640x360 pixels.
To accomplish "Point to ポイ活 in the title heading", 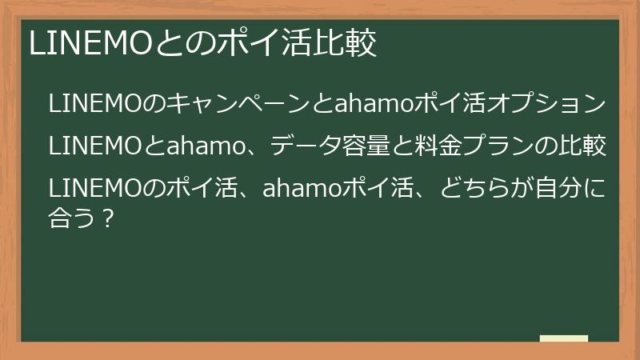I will (264, 45).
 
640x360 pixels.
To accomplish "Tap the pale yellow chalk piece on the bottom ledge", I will (564, 338).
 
